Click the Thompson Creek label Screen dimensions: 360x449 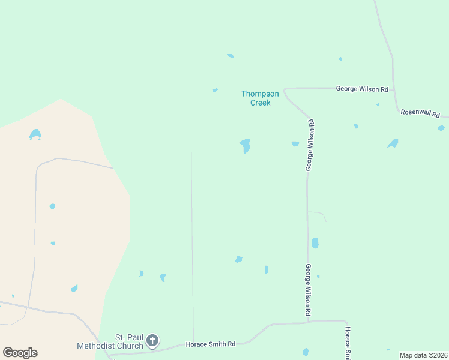click(x=260, y=98)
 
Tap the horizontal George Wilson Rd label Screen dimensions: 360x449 click(x=361, y=89)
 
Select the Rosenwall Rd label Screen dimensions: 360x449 click(x=420, y=114)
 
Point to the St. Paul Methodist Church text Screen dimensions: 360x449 click(x=110, y=341)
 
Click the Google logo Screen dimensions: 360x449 click(x=20, y=353)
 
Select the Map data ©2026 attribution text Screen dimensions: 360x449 click(x=423, y=355)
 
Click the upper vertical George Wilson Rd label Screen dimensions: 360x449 click(x=310, y=145)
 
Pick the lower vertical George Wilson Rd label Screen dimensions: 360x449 click(x=308, y=290)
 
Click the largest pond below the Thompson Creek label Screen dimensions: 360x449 click(x=245, y=146)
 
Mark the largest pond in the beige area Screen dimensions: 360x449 click(x=35, y=134)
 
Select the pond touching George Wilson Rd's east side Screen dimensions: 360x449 click(x=315, y=243)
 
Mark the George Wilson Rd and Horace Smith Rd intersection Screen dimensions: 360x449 click(x=308, y=322)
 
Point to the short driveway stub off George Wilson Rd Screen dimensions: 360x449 click(x=318, y=214)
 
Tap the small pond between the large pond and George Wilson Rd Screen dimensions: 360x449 click(x=295, y=144)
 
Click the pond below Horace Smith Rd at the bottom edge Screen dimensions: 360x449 click(x=306, y=352)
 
